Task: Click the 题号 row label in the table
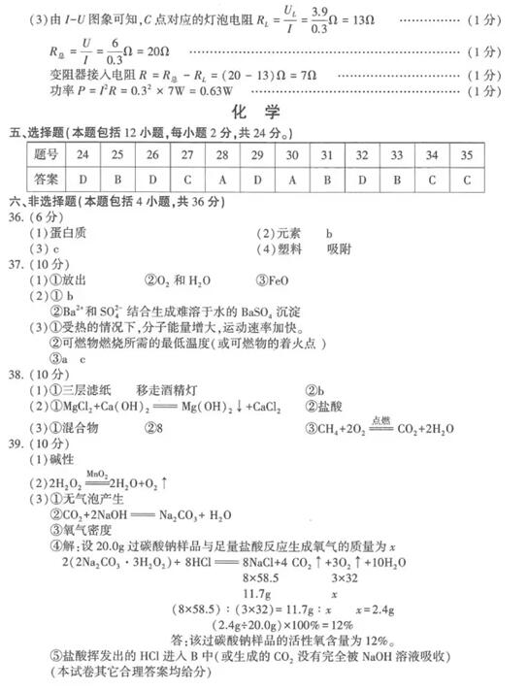tap(46, 155)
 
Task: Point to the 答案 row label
tap(46, 180)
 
